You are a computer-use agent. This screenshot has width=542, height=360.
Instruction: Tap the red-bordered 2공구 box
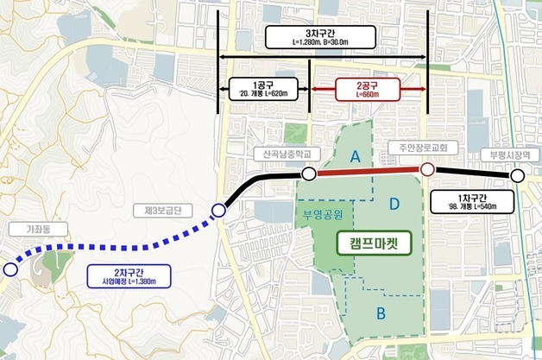[x=367, y=89]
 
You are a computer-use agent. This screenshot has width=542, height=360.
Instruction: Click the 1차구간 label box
[x=471, y=202]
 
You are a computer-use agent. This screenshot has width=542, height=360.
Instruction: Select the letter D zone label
[x=395, y=204]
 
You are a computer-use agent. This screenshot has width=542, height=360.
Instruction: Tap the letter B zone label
[x=381, y=313]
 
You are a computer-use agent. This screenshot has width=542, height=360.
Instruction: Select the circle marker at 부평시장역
[x=517, y=176]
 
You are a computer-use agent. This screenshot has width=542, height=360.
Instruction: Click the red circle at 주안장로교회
[x=427, y=172]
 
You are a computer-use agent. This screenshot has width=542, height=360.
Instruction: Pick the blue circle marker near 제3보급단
[x=218, y=211]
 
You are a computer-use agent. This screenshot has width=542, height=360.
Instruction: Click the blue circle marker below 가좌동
[x=9, y=269]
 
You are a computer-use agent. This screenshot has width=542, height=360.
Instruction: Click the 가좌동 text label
[x=34, y=231]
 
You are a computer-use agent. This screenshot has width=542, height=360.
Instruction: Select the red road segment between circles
[x=368, y=173]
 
